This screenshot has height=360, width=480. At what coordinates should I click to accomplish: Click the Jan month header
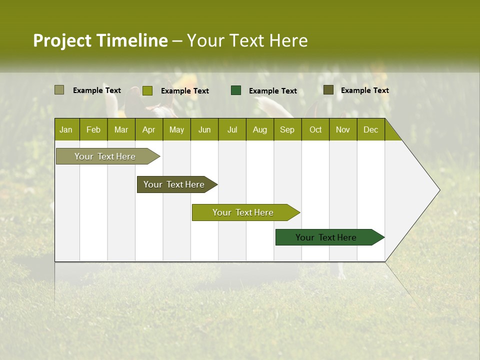[x=66, y=129]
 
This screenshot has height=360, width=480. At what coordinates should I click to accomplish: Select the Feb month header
[x=93, y=129]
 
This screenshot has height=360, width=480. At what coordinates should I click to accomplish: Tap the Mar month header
[x=121, y=129]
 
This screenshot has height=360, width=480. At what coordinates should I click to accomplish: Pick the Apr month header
[x=148, y=129]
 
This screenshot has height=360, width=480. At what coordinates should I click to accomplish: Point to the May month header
[x=176, y=129]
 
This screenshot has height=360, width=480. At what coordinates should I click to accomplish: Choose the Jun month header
[x=204, y=129]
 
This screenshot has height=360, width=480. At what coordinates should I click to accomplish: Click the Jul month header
[x=232, y=129]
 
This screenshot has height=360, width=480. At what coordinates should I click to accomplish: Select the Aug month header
[x=260, y=129]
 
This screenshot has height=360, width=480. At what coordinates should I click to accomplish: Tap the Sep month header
[x=287, y=129]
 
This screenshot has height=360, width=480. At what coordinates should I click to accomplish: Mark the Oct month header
[x=315, y=129]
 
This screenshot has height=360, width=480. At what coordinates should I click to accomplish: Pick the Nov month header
[x=343, y=129]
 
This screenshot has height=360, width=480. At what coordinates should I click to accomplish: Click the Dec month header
[x=371, y=129]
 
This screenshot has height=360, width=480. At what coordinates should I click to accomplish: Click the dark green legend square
[x=236, y=90]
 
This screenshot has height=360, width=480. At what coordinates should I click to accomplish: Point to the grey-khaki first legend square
[x=59, y=90]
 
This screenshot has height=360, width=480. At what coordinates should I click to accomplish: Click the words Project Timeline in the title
[x=100, y=40]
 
